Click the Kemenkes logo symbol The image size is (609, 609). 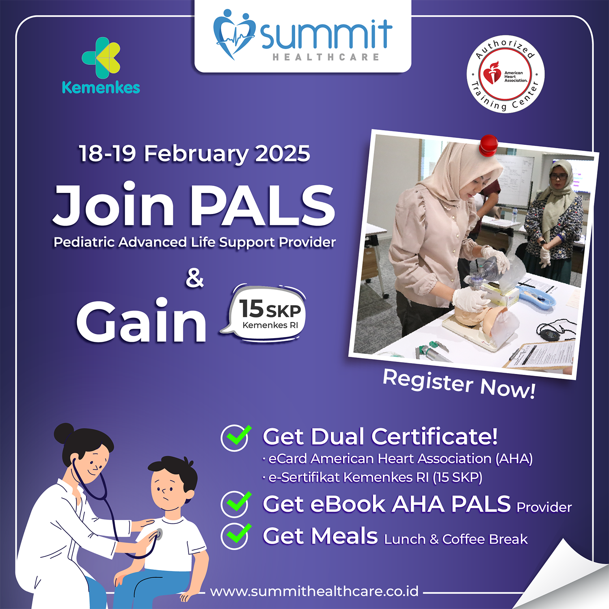101,58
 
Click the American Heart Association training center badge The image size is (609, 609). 505,74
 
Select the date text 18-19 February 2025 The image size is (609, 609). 194,153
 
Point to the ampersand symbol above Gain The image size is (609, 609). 194,279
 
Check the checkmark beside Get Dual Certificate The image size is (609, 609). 235,437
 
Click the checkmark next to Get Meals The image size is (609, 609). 235,536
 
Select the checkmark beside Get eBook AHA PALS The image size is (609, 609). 235,503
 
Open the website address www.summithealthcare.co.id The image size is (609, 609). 314,591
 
